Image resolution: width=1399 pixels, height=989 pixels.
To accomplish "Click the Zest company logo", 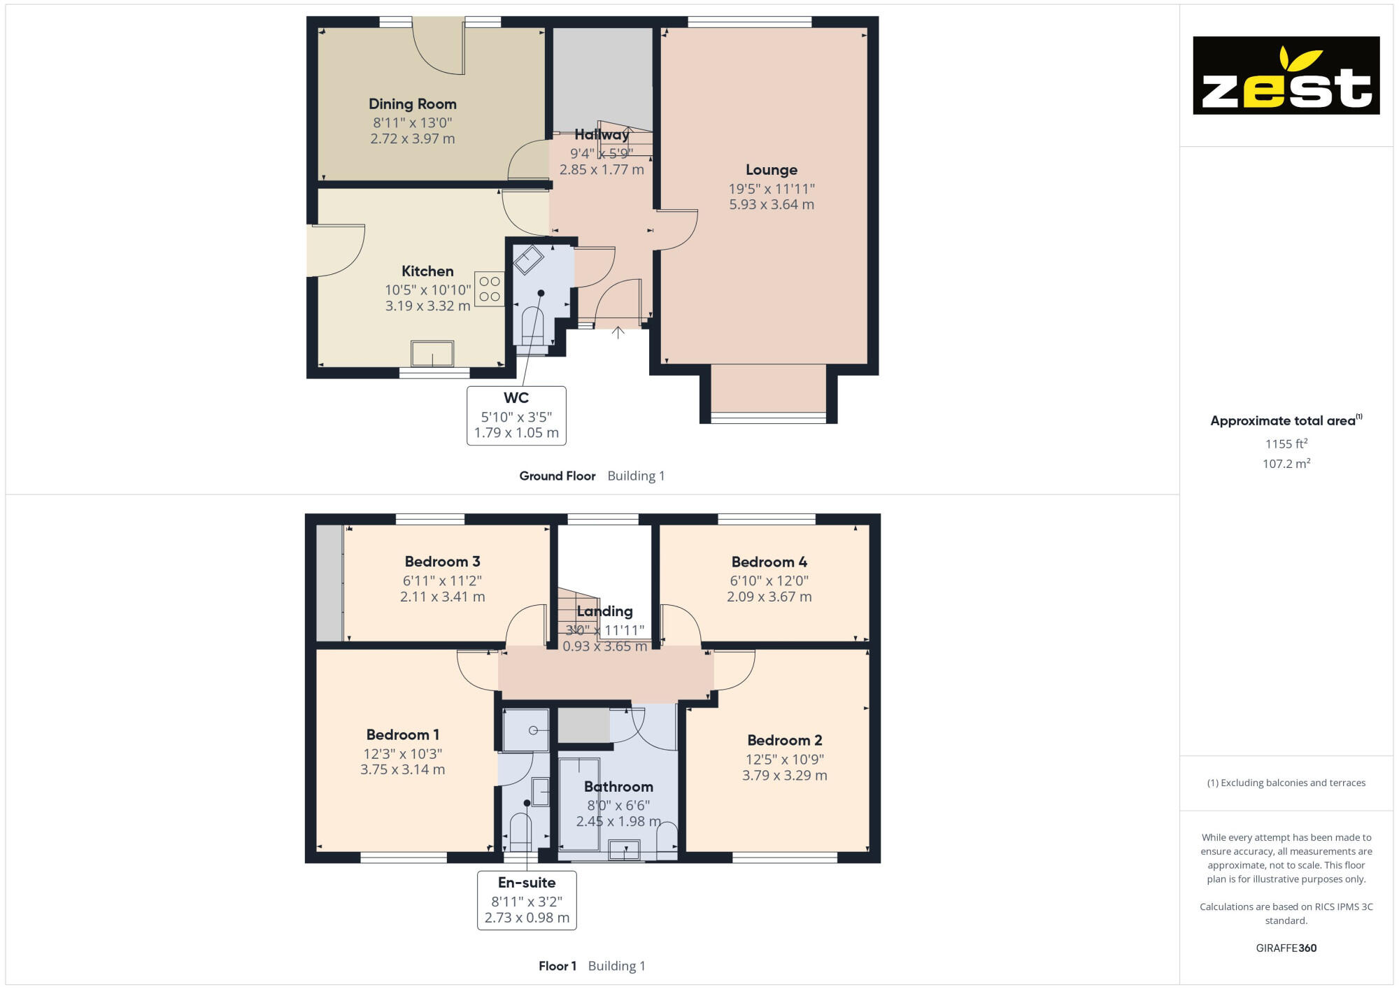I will coord(1286,76).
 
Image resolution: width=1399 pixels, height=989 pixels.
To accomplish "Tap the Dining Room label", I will coord(413,104).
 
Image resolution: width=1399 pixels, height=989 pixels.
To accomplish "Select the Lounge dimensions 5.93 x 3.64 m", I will coord(772,205).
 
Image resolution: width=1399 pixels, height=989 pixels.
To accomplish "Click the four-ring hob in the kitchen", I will coord(490,289).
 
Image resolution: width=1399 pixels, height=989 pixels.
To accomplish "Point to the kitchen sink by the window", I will coord(432,354).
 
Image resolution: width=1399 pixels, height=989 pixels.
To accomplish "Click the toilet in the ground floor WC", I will coord(532,326).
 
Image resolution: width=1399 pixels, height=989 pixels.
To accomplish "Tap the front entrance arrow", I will coord(618,333).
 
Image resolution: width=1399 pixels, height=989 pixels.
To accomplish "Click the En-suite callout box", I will coord(527,900).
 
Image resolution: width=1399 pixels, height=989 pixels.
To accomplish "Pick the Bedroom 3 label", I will coord(442,562).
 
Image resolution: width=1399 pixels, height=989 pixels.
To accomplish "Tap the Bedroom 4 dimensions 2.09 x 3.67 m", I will coord(769,597).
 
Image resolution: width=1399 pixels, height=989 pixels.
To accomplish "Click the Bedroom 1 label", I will coord(403,735).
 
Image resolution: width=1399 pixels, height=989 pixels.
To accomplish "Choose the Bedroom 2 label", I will coord(784,741).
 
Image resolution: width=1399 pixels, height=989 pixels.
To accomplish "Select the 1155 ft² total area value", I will coord(1286,444).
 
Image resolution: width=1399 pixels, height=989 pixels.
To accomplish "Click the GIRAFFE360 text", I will coord(1286,948).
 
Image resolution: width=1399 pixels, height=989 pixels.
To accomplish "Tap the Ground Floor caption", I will coord(558,476).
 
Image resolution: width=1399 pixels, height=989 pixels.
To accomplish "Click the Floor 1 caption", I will coord(558,967).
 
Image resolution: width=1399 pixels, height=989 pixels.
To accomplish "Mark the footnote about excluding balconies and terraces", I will coord(1286,783).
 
